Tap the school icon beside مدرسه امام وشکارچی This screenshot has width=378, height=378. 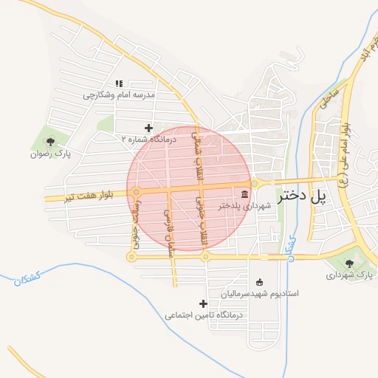119,83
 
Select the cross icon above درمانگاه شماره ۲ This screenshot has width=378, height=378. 148,128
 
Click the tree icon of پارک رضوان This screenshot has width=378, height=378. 50,141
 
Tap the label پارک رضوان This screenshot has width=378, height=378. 50,154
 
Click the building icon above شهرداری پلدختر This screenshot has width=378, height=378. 244,193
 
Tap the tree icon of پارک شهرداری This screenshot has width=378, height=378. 350,262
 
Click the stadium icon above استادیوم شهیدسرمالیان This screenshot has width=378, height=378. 258,281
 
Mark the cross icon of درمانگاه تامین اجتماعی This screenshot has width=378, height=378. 204,303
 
